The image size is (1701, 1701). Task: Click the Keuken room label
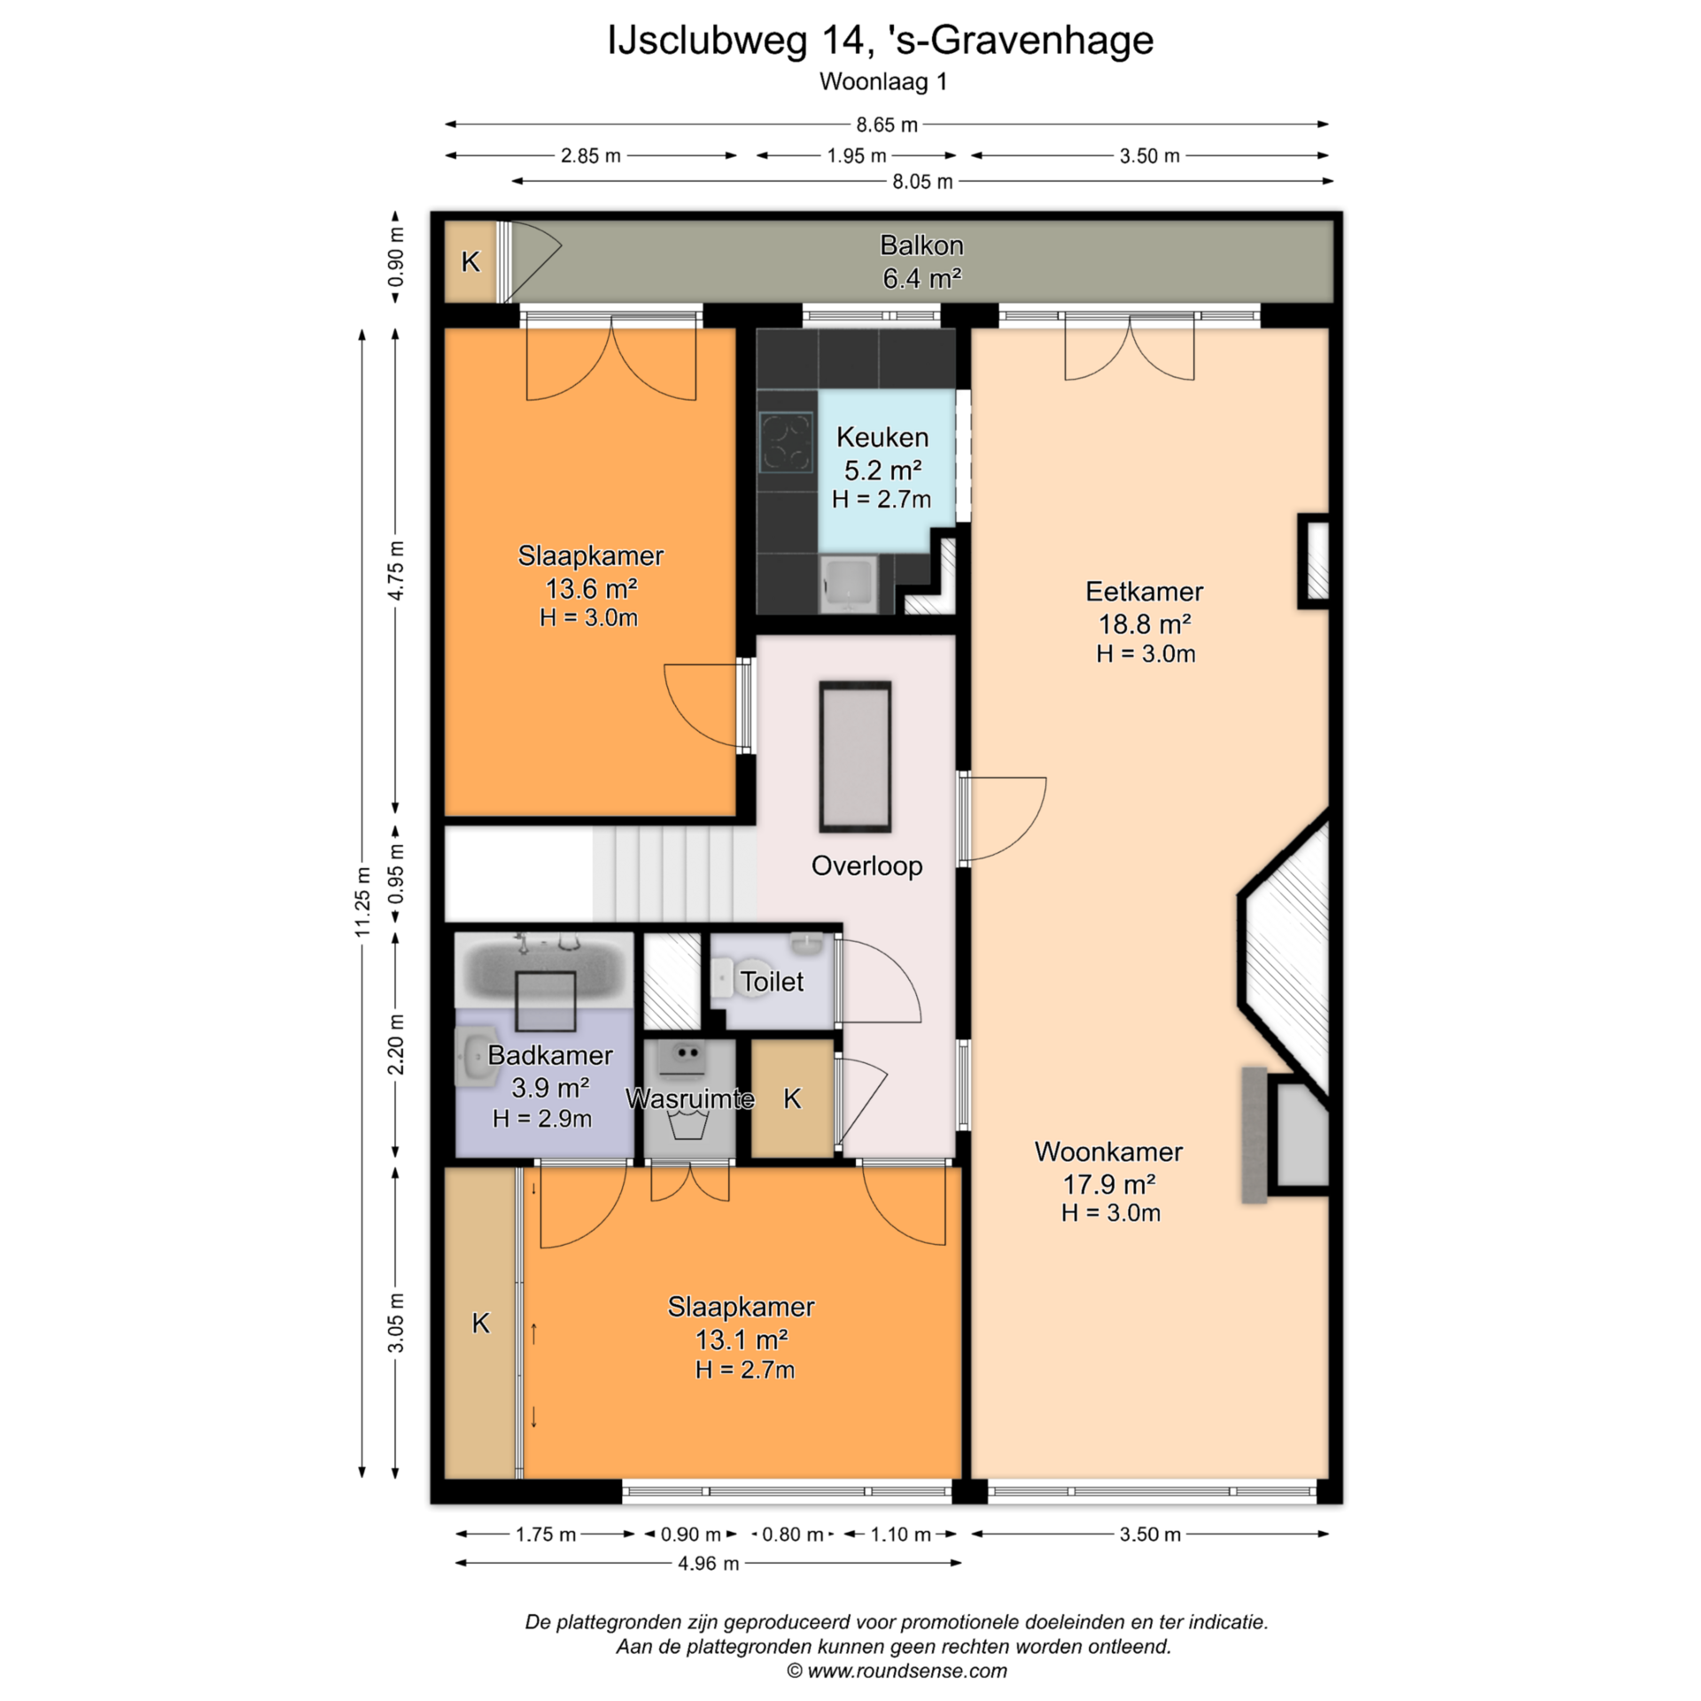point(882,437)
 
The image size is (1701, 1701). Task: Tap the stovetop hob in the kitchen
point(786,441)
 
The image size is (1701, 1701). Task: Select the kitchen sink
point(849,584)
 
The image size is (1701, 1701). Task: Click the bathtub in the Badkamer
point(544,969)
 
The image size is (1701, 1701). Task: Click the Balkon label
point(921,245)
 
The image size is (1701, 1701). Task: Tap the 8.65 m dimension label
point(886,125)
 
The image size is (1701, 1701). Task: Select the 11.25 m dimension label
point(362,901)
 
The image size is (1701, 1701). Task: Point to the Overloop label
point(866,866)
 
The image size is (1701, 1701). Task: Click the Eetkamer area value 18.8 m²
point(1145,625)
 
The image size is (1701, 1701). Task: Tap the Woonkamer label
point(1108,1152)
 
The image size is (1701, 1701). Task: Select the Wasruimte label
point(689,1099)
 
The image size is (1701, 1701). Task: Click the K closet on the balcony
point(470,261)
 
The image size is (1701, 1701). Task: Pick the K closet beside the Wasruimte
point(792,1099)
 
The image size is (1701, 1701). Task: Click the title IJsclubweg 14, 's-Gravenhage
point(881,41)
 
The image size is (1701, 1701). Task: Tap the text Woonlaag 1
point(883,82)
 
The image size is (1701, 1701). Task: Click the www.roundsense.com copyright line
point(897,1671)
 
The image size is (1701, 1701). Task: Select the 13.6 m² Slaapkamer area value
point(591,588)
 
